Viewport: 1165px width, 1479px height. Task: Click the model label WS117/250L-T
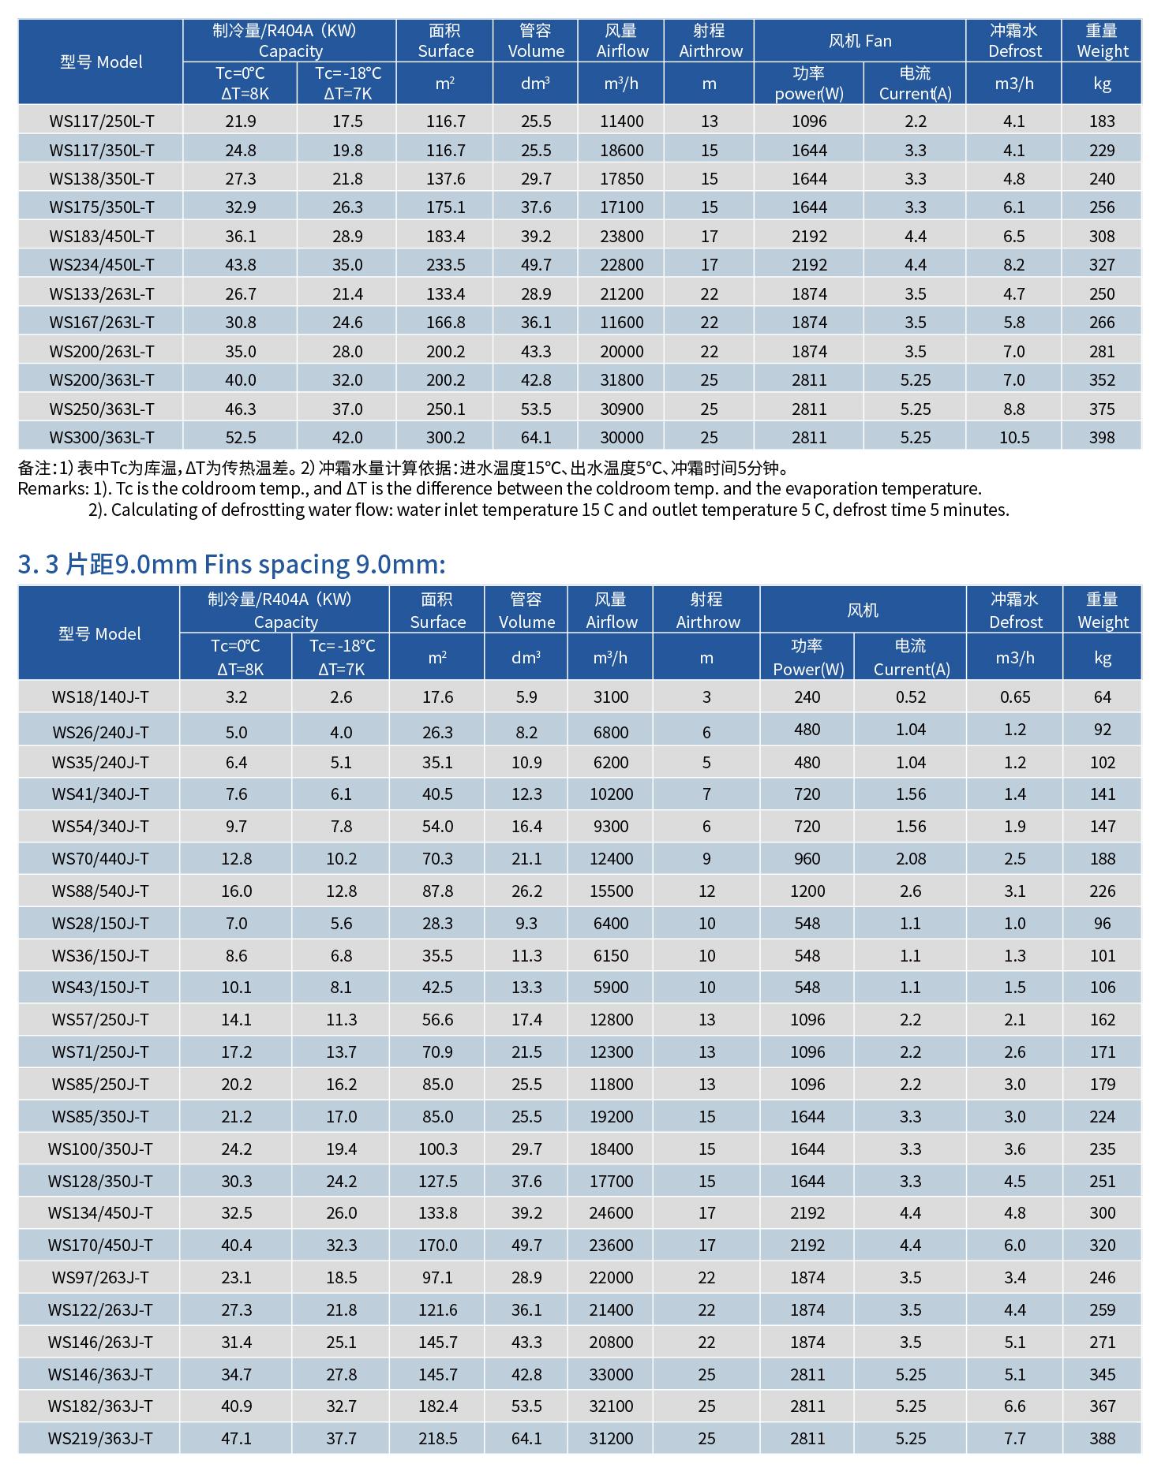pyautogui.click(x=102, y=121)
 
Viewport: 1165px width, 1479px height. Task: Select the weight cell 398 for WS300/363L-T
pyautogui.click(x=1102, y=438)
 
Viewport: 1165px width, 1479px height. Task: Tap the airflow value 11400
pyautogui.click(x=621, y=121)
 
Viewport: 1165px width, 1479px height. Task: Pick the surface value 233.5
pyautogui.click(x=445, y=265)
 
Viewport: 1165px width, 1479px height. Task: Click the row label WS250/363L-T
pyautogui.click(x=102, y=409)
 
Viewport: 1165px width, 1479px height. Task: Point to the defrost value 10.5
pyautogui.click(x=1014, y=438)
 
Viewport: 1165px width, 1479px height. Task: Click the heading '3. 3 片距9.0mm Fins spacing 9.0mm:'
pyautogui.click(x=231, y=564)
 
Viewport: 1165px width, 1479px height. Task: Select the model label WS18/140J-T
pyautogui.click(x=100, y=697)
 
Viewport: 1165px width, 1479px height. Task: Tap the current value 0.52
pyautogui.click(x=911, y=697)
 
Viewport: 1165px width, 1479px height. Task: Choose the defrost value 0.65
pyautogui.click(x=1014, y=697)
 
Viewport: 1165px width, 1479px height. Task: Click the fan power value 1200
pyautogui.click(x=807, y=891)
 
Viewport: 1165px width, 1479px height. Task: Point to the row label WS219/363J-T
pyautogui.click(x=100, y=1439)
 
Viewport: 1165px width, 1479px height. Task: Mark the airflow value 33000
pyautogui.click(x=611, y=1375)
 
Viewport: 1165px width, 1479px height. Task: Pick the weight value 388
pyautogui.click(x=1102, y=1439)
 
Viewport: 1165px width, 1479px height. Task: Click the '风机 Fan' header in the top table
pyautogui.click(x=860, y=41)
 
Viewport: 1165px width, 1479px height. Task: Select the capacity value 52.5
pyautogui.click(x=240, y=438)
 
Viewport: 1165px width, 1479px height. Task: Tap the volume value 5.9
pyautogui.click(x=526, y=697)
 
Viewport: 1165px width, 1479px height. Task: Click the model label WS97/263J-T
pyautogui.click(x=100, y=1278)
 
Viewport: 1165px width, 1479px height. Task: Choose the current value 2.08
pyautogui.click(x=911, y=859)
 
